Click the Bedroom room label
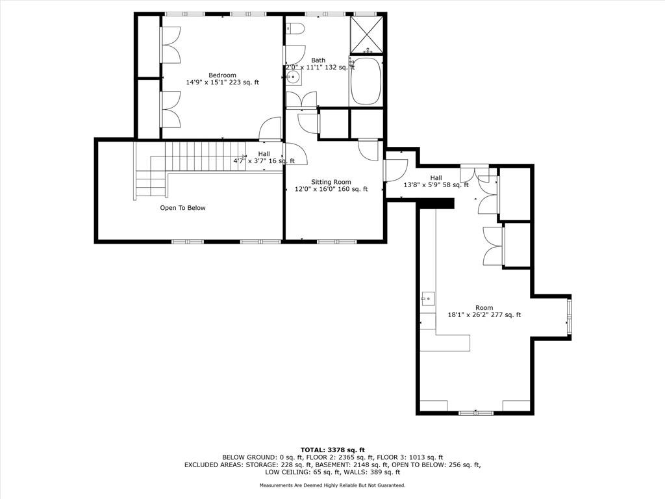pos(222,75)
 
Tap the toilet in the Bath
pos(295,29)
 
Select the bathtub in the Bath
pos(366,81)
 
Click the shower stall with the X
pos(367,35)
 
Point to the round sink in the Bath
pos(293,77)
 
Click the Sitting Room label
pos(331,182)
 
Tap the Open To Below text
pos(182,208)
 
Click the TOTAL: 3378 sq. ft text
pos(332,450)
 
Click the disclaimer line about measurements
pos(332,485)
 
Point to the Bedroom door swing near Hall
pos(270,128)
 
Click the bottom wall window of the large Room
pos(476,413)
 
